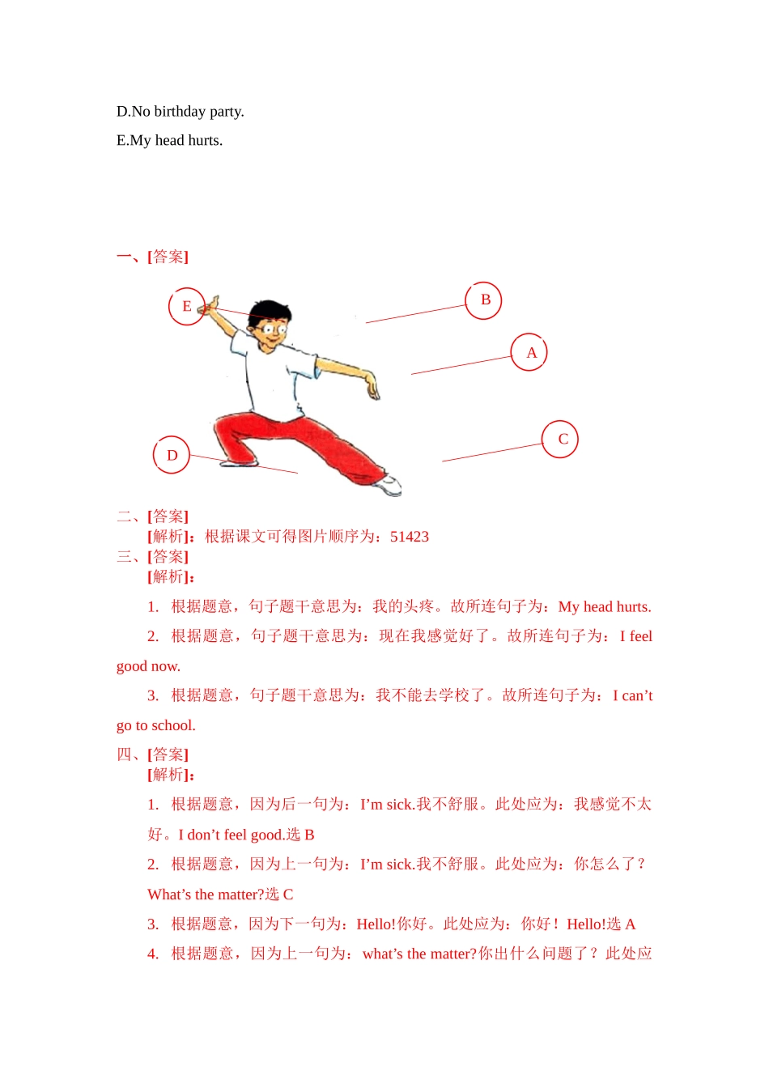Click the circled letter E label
coord(186,306)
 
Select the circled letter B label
coord(484,300)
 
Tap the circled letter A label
coord(530,352)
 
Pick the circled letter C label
coord(561,439)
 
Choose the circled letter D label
coord(171,455)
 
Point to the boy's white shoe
coord(391,485)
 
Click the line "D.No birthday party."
coord(180,112)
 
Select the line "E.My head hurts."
coord(169,141)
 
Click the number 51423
coord(410,537)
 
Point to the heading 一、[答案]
coord(152,257)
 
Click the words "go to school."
coord(156,725)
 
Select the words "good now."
coord(148,666)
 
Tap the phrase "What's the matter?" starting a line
coord(206,895)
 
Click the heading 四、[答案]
coord(152,754)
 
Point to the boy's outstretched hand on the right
coord(372,387)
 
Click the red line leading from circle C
coord(491,453)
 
